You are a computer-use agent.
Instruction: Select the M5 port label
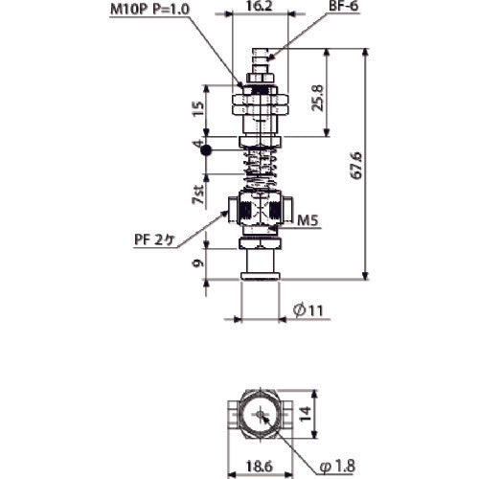(x=306, y=220)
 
